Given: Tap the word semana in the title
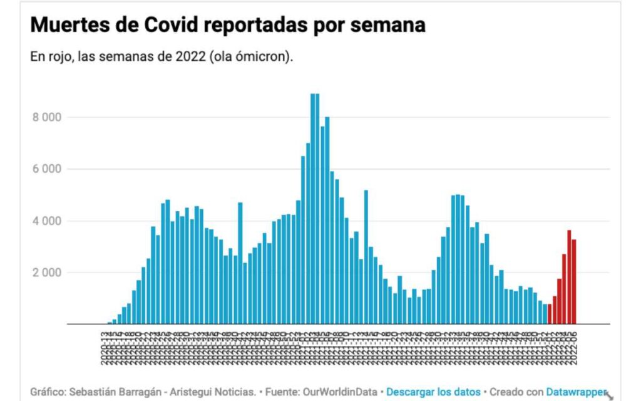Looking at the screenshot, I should coord(387,25).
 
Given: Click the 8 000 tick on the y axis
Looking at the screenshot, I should coord(48,117).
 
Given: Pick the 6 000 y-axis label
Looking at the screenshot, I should coord(48,169).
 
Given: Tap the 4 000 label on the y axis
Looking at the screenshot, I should coord(48,221).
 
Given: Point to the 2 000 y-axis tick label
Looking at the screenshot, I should coord(48,273).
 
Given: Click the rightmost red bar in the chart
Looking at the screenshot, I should coord(574,282).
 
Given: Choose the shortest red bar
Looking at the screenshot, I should coord(550,314).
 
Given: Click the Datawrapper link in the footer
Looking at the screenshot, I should coord(577,392).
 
